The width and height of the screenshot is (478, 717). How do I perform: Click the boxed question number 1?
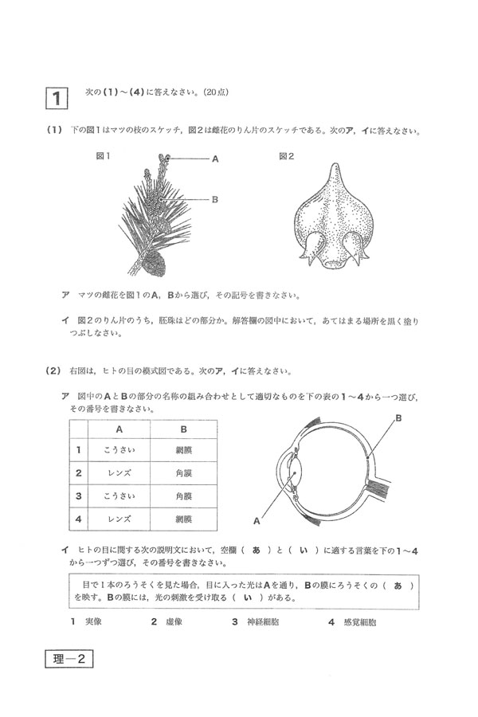pyautogui.click(x=57, y=98)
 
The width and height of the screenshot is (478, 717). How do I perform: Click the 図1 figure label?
pyautogui.click(x=103, y=157)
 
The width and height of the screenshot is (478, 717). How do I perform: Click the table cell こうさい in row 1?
pyautogui.click(x=119, y=450)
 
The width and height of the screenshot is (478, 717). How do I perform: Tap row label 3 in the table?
pyautogui.click(x=79, y=496)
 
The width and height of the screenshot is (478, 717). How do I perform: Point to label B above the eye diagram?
pyautogui.click(x=398, y=417)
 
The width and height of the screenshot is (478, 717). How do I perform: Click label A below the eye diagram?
pyautogui.click(x=257, y=522)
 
